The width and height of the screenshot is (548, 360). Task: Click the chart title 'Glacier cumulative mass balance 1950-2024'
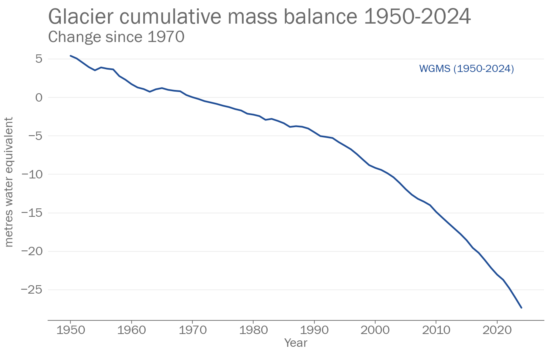(x=259, y=17)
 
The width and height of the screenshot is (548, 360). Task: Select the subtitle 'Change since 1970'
(x=116, y=37)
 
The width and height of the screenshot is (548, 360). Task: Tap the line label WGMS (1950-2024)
(x=466, y=69)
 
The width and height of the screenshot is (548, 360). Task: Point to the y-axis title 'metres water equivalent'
(x=9, y=182)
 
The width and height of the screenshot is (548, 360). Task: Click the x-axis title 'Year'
(x=296, y=343)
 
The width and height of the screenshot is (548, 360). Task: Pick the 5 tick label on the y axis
(x=38, y=59)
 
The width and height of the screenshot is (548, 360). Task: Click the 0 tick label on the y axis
(x=38, y=97)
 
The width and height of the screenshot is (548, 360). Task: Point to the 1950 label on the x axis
(x=70, y=330)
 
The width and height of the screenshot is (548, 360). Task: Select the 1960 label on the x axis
(x=131, y=330)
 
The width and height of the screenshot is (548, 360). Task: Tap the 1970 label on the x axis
(x=192, y=330)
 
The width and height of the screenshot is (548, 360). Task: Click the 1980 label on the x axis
(x=253, y=330)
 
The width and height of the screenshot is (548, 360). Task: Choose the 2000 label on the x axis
(x=375, y=330)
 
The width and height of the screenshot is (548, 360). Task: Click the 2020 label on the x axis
(x=497, y=330)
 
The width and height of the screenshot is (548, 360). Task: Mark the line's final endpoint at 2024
(x=521, y=308)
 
